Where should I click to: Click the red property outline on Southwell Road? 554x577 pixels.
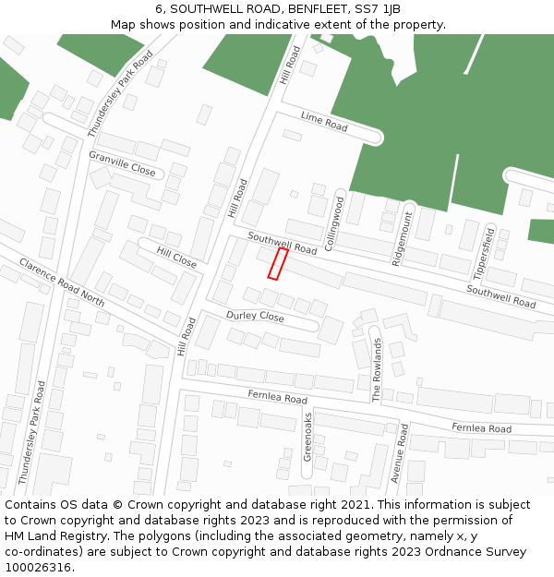coord(277,263)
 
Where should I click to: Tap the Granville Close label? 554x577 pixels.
coord(122,163)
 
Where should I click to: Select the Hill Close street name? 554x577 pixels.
coord(176,258)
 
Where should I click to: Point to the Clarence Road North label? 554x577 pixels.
coord(61,282)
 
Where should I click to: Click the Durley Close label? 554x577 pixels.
coord(255,316)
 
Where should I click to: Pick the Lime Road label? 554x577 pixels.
coord(324,121)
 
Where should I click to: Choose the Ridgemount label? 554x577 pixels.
coord(403,238)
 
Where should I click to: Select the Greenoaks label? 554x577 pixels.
coord(308,437)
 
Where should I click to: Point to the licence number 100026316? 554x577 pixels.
coord(40,568)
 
